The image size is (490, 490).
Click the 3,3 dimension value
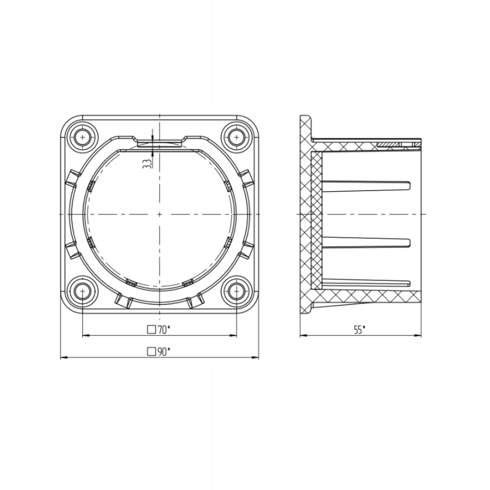tap(147, 164)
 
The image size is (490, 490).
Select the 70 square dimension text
tap(159, 330)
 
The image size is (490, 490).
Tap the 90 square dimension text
tap(159, 352)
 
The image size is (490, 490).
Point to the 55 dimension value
tap(360, 330)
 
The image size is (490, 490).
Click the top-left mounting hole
tap(83, 137)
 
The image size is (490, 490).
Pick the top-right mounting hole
tap(236, 137)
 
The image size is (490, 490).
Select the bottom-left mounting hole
tap(83, 292)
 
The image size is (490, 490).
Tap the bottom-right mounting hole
tap(236, 292)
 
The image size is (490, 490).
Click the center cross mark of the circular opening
tap(159, 214)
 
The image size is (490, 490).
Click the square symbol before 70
tap(151, 330)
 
